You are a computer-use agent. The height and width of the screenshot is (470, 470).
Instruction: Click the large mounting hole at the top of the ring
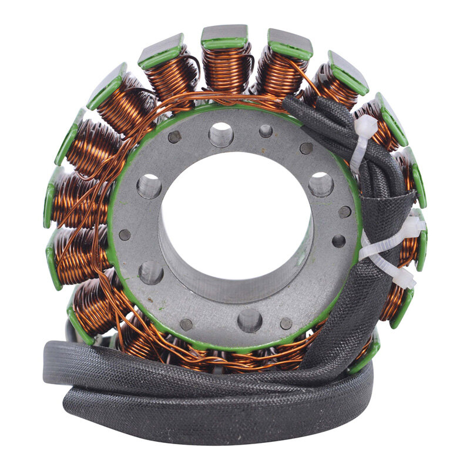pos(221,135)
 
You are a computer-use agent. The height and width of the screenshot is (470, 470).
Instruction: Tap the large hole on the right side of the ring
pos(321,184)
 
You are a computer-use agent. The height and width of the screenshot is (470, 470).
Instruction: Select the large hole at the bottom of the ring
pos(250,320)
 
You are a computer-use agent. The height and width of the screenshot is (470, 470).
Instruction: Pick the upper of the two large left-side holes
pos(149,186)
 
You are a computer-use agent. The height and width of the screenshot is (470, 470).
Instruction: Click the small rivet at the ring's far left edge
pos(125,234)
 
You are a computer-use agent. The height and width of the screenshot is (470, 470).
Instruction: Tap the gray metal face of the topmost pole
pos(224,33)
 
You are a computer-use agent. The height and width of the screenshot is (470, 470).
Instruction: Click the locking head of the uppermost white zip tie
pos(365,126)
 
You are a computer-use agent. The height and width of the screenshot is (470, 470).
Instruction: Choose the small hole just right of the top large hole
pos(266,131)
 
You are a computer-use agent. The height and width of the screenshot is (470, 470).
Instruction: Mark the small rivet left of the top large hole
pos(174,137)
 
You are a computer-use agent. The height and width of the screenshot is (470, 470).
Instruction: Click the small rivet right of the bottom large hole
pos(286,323)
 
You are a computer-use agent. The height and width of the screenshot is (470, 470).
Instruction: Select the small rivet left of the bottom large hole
pos(186,324)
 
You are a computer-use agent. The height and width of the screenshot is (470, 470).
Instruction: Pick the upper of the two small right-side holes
pos(345,211)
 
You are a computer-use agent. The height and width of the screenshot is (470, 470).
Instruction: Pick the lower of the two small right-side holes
pos(339,241)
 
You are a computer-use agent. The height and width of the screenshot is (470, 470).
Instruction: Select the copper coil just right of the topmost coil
pos(279,70)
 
